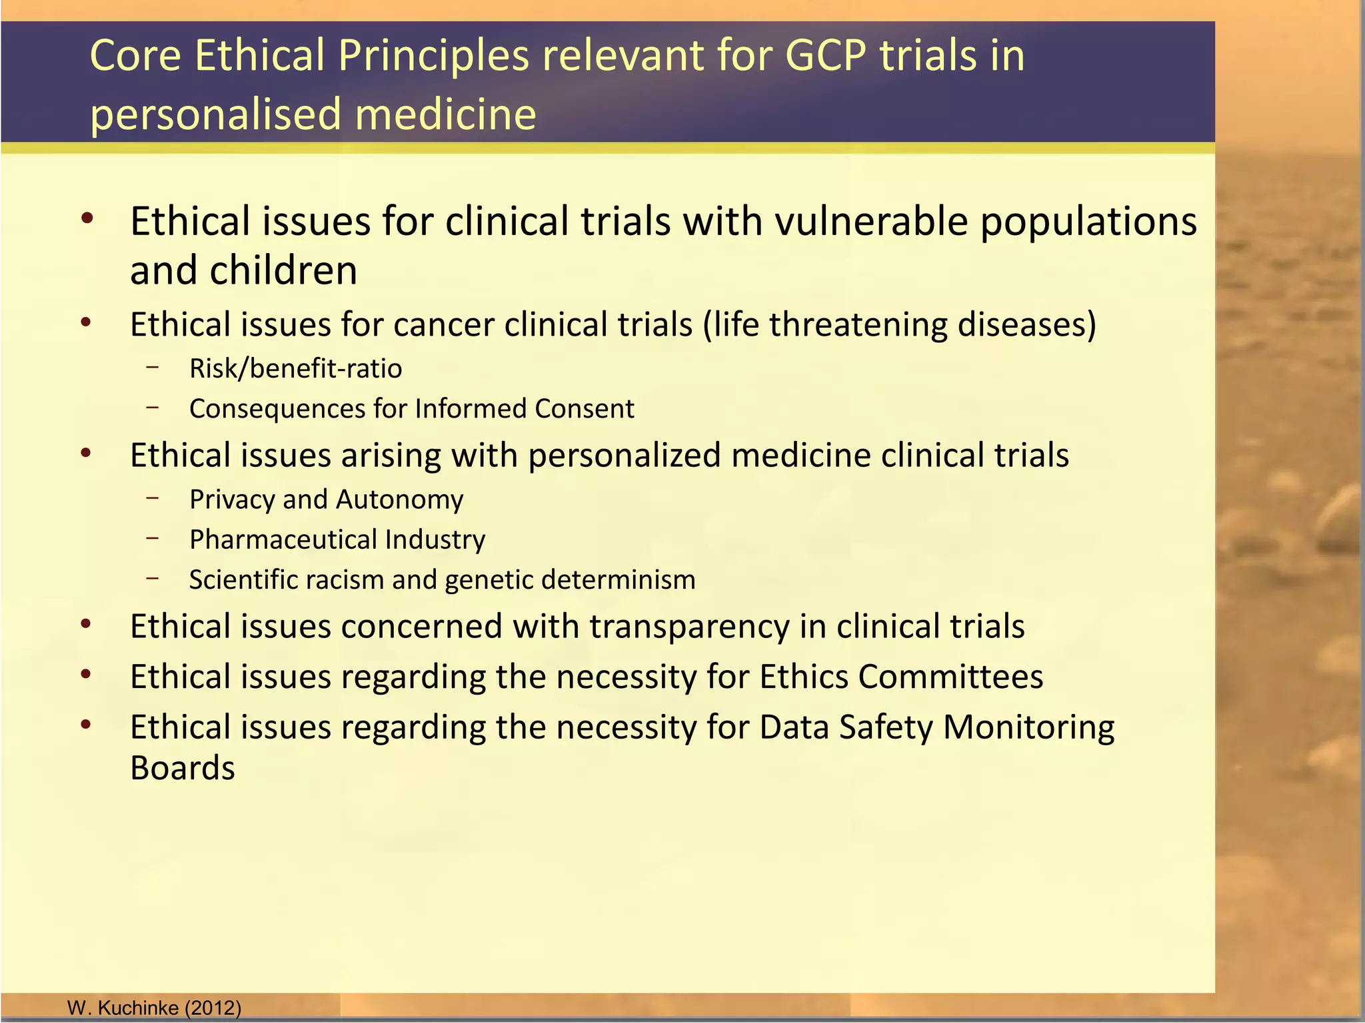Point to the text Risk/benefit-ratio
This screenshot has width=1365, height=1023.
click(x=295, y=368)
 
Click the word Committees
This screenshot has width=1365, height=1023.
click(x=950, y=677)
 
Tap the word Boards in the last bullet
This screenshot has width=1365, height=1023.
click(x=183, y=768)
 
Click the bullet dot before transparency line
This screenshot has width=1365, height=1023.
click(x=85, y=625)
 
